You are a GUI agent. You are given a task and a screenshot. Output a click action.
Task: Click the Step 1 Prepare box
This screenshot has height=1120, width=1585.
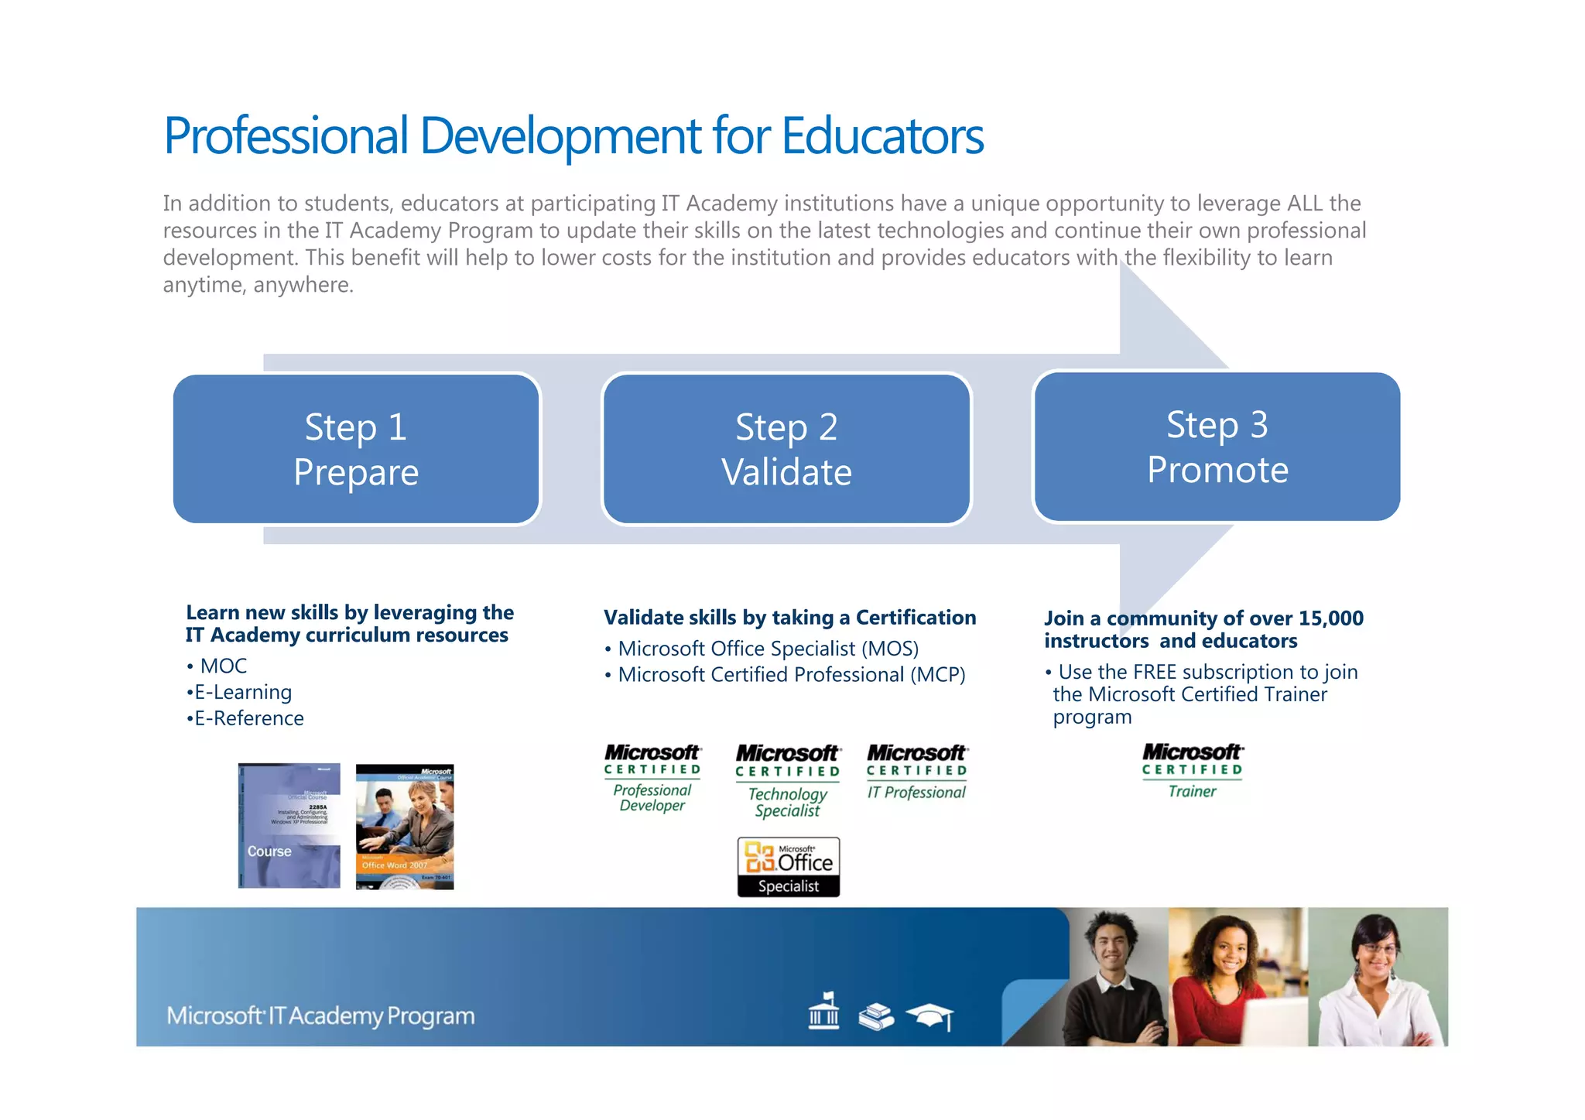(356, 449)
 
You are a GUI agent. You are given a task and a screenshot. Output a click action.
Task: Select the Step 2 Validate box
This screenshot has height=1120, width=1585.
(786, 449)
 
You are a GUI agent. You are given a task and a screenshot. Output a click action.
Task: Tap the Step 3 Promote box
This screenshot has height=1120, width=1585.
(1217, 447)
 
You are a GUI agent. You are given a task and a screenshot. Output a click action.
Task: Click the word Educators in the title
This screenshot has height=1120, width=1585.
(882, 136)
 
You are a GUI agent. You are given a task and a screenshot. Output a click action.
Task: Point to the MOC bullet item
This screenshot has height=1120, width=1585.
(223, 666)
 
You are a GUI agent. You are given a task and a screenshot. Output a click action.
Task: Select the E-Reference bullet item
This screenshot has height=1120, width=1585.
(248, 718)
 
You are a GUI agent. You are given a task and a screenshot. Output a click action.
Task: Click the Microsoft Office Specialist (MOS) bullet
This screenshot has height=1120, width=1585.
(768, 649)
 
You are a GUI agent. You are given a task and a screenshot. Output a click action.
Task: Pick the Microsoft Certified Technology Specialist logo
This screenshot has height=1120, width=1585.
(787, 780)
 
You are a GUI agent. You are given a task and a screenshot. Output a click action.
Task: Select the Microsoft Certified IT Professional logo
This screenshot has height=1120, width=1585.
(916, 772)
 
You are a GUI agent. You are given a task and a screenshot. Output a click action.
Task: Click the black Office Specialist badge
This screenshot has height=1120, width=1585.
(788, 867)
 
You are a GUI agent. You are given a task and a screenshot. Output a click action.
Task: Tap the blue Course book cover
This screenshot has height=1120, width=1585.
(289, 825)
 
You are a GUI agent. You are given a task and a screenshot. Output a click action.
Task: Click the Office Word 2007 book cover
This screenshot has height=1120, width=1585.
(405, 827)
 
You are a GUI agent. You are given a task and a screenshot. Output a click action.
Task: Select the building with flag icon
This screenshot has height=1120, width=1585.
(823, 1011)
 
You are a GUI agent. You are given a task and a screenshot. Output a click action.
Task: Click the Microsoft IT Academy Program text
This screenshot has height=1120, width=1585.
(320, 1016)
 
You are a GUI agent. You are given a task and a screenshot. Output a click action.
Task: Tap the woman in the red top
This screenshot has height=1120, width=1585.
(1223, 983)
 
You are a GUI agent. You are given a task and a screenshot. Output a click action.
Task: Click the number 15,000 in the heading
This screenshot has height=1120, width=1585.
(1330, 618)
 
